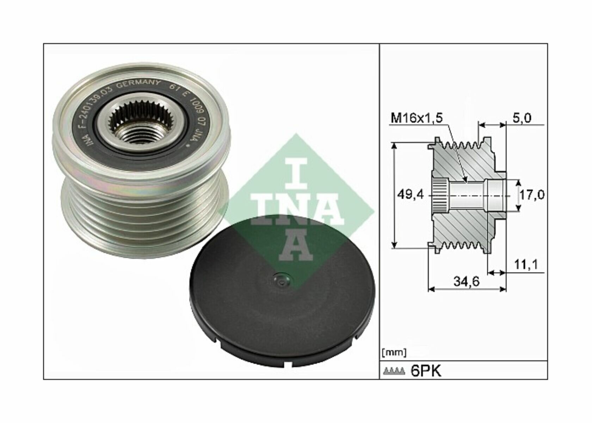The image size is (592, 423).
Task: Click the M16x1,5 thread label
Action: point(416,118)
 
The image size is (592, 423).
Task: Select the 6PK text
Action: point(426,371)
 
